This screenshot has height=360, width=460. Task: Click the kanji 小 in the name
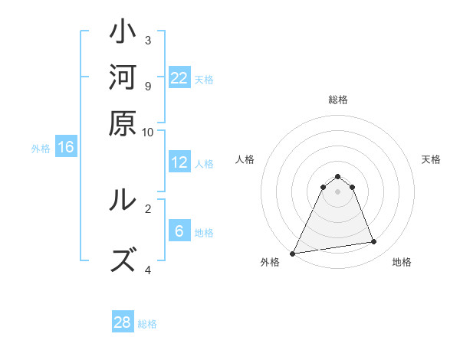point(123,35)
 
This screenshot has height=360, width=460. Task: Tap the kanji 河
point(123,79)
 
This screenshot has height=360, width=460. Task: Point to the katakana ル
point(123,201)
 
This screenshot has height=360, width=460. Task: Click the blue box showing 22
point(179,78)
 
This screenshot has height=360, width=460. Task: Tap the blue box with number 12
point(179,162)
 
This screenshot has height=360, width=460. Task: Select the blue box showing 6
point(179,231)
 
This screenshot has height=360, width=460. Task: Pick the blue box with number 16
point(66,148)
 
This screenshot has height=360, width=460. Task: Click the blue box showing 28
point(123,322)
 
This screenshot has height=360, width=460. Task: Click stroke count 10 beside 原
point(148,132)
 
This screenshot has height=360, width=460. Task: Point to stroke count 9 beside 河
point(148,86)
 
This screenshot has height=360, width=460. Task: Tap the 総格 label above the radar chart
point(338,100)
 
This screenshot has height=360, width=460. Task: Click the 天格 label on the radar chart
point(431,159)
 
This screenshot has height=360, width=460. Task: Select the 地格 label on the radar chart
point(402,263)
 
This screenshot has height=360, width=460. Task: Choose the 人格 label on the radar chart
point(245,159)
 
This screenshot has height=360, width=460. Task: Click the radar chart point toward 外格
point(293,254)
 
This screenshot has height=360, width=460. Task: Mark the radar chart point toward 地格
point(374,242)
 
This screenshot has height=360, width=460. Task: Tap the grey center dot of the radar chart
point(338,191)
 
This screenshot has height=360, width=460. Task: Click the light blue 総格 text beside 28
point(147,324)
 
